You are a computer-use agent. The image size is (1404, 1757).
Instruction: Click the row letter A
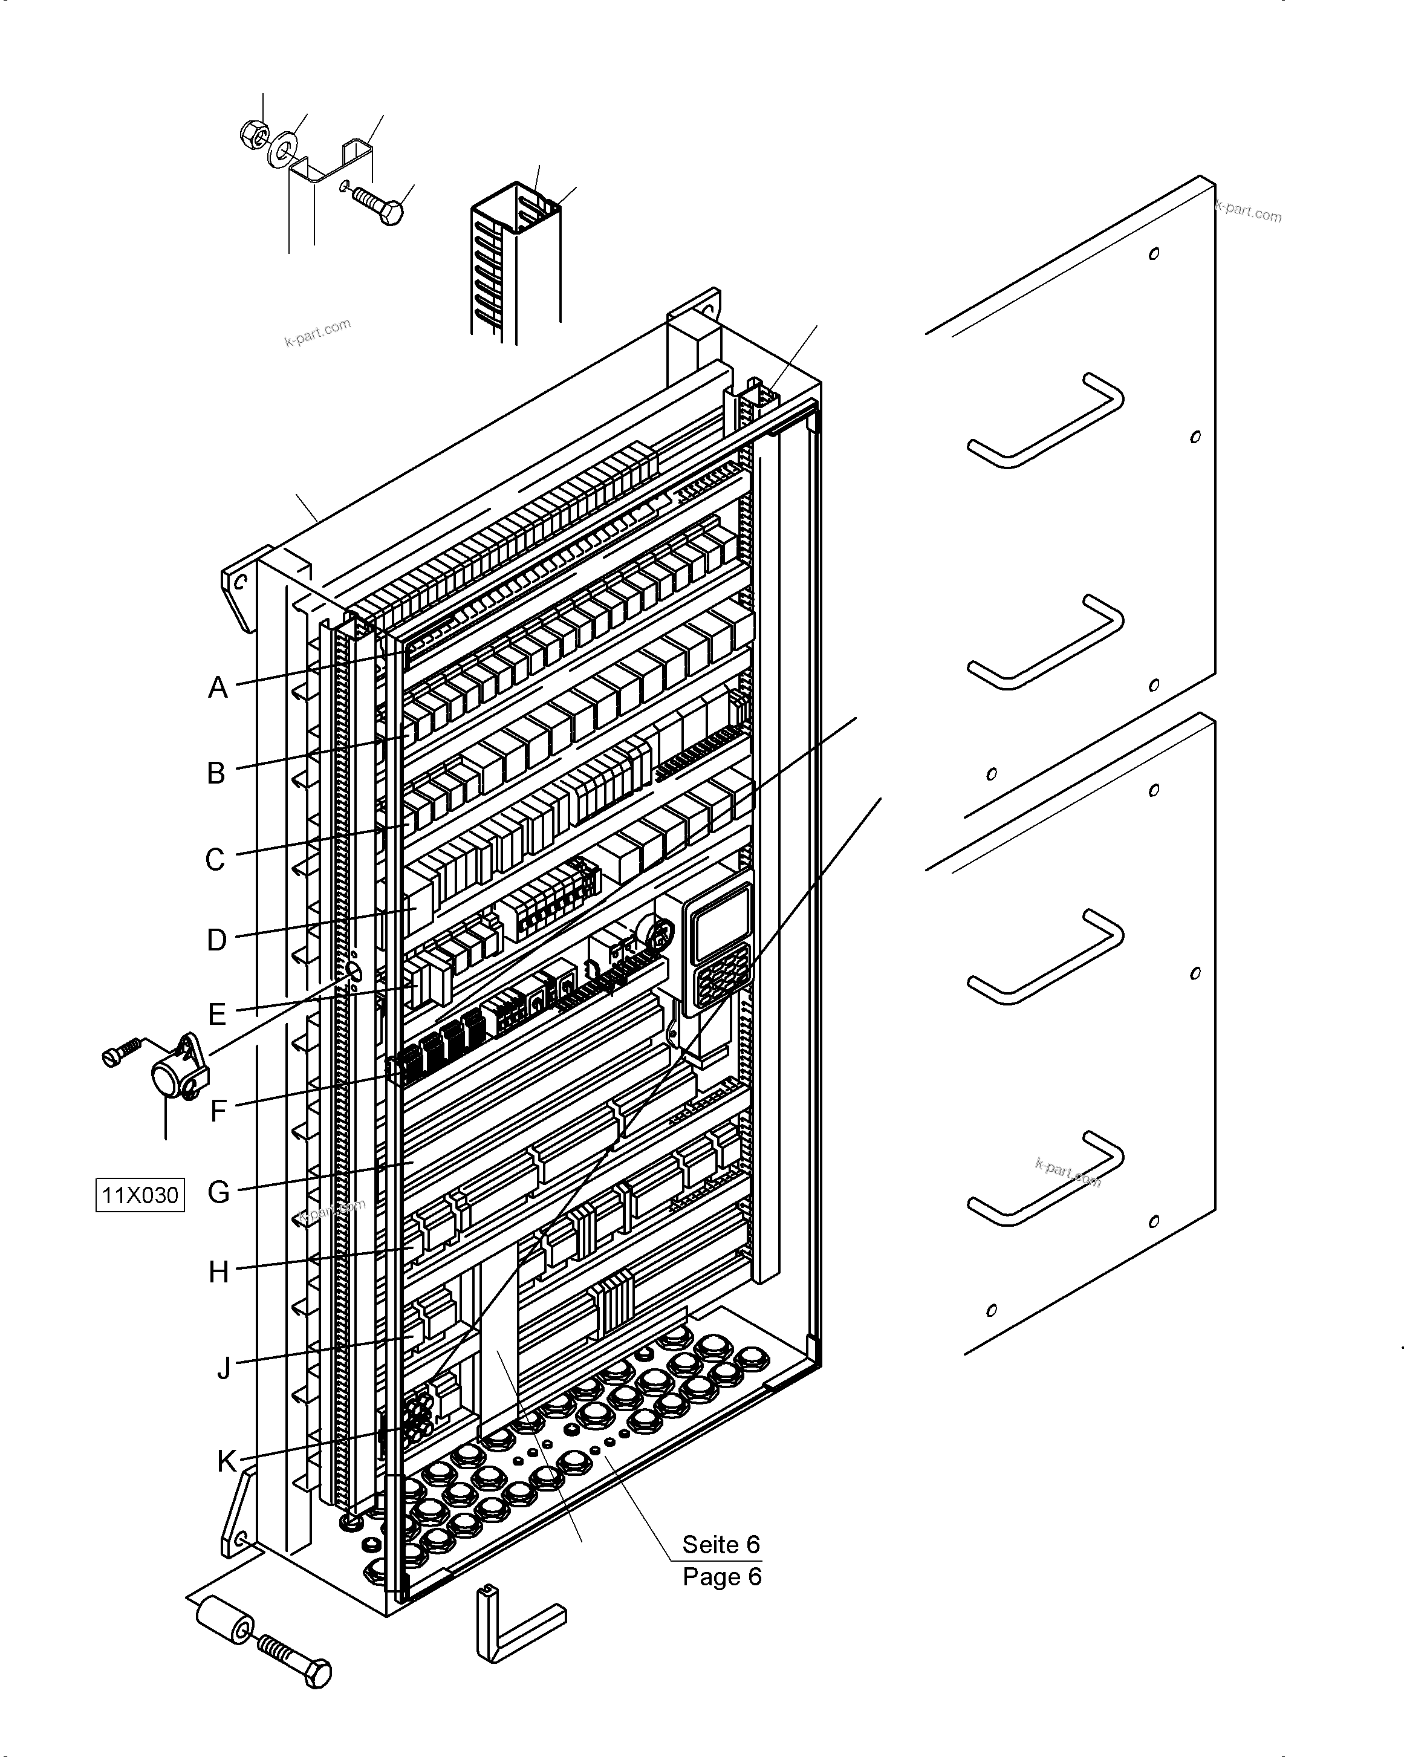pos(218,687)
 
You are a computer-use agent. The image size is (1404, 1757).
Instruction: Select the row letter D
pos(216,940)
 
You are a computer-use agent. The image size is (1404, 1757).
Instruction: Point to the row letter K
pos(227,1461)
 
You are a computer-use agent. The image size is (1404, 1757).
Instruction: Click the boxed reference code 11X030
pos(140,1195)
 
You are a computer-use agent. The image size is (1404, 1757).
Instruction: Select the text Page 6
pos(722,1577)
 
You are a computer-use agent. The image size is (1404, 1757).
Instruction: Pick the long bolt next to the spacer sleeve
pos(296,1660)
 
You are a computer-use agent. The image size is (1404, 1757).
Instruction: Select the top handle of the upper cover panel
pos(1046,420)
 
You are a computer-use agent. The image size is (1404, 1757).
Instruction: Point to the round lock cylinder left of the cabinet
pos(169,1076)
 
